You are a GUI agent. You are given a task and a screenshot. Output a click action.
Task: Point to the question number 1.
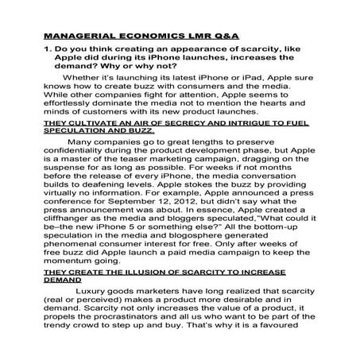(46, 52)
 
